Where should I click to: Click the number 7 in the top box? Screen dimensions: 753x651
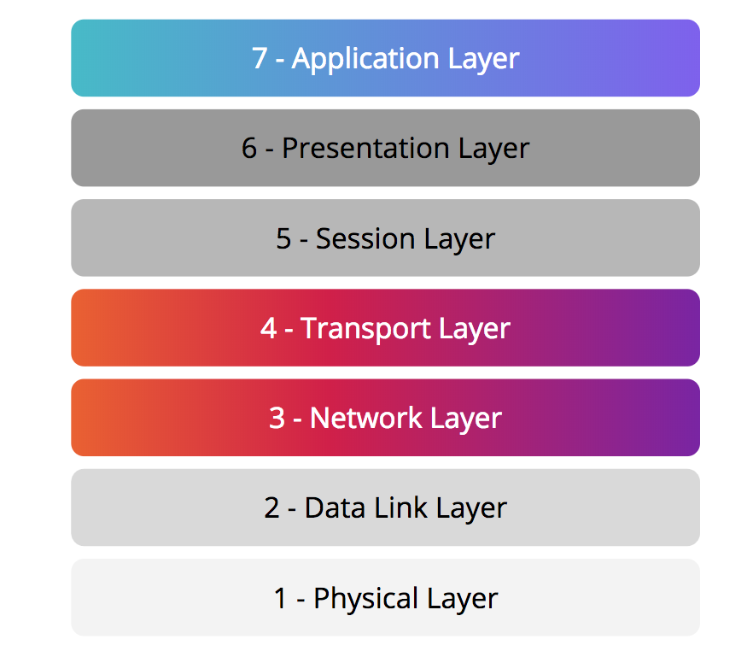pyautogui.click(x=260, y=58)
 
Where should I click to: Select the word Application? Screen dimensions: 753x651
pyautogui.click(x=365, y=60)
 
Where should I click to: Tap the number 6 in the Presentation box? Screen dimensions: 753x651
pyautogui.click(x=249, y=148)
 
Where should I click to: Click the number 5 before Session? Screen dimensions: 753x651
pyautogui.click(x=283, y=238)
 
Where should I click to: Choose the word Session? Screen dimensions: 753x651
pyautogui.click(x=365, y=238)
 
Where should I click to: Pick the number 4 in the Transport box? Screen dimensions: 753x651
pyautogui.click(x=269, y=328)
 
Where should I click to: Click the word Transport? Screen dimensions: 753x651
pyautogui.click(x=365, y=330)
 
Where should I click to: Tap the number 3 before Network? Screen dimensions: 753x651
pyautogui.click(x=277, y=418)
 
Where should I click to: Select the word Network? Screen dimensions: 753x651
pyautogui.click(x=366, y=417)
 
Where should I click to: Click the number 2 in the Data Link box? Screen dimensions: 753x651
pyautogui.click(x=271, y=507)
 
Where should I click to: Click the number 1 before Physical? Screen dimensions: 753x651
pyautogui.click(x=280, y=598)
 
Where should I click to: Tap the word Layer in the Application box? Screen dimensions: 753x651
pyautogui.click(x=483, y=60)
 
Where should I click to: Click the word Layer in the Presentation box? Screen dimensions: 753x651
pyautogui.click(x=494, y=150)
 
